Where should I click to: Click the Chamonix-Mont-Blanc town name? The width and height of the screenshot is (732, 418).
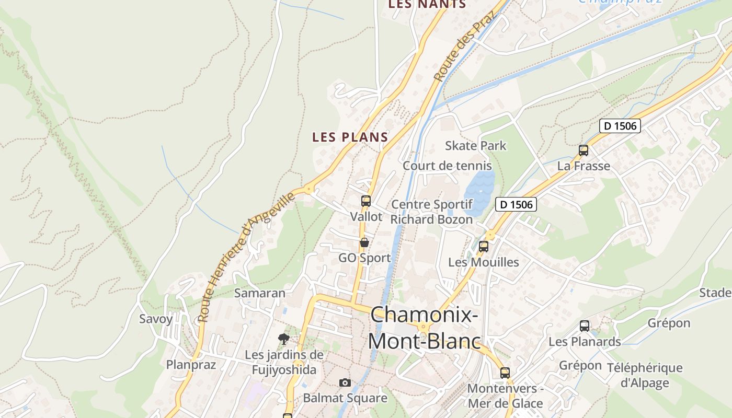point(424,328)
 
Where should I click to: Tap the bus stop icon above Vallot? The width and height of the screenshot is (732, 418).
point(365,201)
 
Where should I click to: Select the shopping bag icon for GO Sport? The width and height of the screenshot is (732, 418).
point(364,242)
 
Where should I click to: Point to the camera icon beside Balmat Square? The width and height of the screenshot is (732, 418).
point(345,382)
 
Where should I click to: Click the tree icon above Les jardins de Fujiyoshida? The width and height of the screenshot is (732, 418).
point(284,339)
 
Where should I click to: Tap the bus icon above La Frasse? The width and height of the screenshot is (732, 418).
point(584,150)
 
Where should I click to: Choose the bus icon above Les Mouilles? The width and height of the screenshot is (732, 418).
point(484,246)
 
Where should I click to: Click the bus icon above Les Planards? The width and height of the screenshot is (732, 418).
point(585,326)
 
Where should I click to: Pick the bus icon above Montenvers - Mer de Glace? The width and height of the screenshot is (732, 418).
point(505,373)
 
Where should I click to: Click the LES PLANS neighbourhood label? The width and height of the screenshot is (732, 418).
point(350,137)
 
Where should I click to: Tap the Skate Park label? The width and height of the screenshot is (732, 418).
point(475,146)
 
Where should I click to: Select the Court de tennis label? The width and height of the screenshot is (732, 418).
point(447,166)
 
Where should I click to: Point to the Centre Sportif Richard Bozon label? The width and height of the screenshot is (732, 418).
point(431,212)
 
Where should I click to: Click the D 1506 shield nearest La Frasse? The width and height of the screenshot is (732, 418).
point(620,126)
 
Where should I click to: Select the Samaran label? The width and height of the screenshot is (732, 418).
point(260,293)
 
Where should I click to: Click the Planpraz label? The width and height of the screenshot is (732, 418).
point(191,365)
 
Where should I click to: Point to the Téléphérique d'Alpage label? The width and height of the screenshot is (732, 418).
point(644,375)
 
